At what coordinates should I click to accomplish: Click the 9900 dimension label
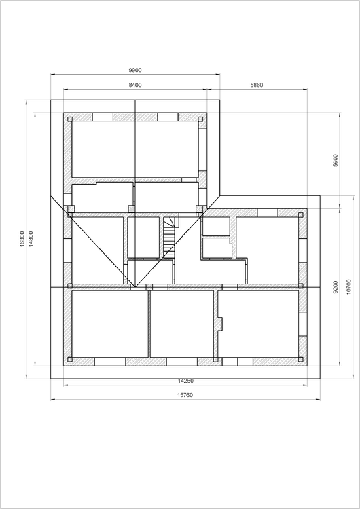tap(135, 70)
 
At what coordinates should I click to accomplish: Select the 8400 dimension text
tap(135, 85)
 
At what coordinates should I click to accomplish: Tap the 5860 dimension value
tap(257, 85)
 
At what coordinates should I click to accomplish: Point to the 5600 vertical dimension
tap(336, 160)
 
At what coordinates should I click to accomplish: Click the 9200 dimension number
tap(336, 287)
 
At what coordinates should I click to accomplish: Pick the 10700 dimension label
tap(349, 287)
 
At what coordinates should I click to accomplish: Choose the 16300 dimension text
tap(22, 239)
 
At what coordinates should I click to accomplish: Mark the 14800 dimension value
tap(31, 239)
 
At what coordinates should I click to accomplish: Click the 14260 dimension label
tap(185, 381)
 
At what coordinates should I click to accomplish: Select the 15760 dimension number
tap(185, 395)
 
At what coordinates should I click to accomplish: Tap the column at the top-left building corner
tap(70, 119)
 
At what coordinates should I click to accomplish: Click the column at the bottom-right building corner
tap(300, 359)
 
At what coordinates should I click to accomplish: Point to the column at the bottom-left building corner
tap(70, 359)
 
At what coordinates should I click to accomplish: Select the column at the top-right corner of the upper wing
tap(200, 119)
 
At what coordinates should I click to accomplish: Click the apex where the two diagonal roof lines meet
tap(135, 287)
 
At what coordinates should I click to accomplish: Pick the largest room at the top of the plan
tap(135, 149)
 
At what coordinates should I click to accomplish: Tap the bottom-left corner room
tap(110, 324)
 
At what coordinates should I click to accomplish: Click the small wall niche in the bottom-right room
tap(220, 323)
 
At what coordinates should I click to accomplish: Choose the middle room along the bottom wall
tap(182, 324)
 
